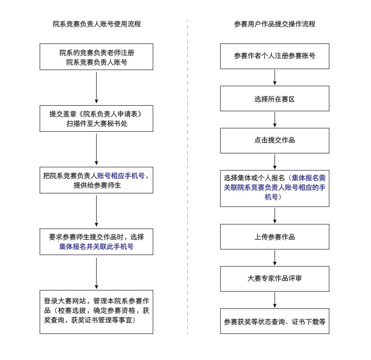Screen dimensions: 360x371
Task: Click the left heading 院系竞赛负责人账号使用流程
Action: pyautogui.click(x=97, y=24)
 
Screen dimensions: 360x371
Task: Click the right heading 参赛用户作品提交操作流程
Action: pyautogui.click(x=274, y=24)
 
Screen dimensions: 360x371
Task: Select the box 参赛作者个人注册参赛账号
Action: pyautogui.click(x=274, y=56)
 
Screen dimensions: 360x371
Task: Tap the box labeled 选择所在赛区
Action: pyautogui.click(x=274, y=99)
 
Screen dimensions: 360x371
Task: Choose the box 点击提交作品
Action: pyautogui.click(x=274, y=140)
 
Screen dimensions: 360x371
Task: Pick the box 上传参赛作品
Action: pyautogui.click(x=274, y=237)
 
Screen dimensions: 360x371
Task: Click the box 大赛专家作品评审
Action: pyautogui.click(x=274, y=279)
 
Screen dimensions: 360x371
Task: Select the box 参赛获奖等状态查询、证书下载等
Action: pyautogui.click(x=274, y=322)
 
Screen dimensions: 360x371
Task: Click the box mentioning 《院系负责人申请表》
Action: pyautogui.click(x=97, y=118)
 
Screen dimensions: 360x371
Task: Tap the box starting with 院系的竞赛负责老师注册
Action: pyautogui.click(x=97, y=57)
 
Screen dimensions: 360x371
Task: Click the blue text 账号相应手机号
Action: pyautogui.click(x=120, y=176)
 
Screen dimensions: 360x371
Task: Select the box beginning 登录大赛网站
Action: pyautogui.click(x=97, y=311)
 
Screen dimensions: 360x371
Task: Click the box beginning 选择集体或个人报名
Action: pyautogui.click(x=274, y=188)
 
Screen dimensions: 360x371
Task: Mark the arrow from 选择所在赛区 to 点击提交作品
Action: pyautogui.click(x=274, y=120)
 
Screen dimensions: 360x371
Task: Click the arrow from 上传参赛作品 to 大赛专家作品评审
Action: pyautogui.click(x=274, y=258)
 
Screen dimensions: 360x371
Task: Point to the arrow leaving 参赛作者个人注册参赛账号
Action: pyautogui.click(x=274, y=77)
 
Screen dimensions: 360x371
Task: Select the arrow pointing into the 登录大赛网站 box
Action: pyautogui.click(x=97, y=273)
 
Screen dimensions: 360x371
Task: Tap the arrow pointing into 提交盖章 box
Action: pyautogui.click(x=97, y=87)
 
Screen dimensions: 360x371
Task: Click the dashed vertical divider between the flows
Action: pyautogui.click(x=187, y=174)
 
